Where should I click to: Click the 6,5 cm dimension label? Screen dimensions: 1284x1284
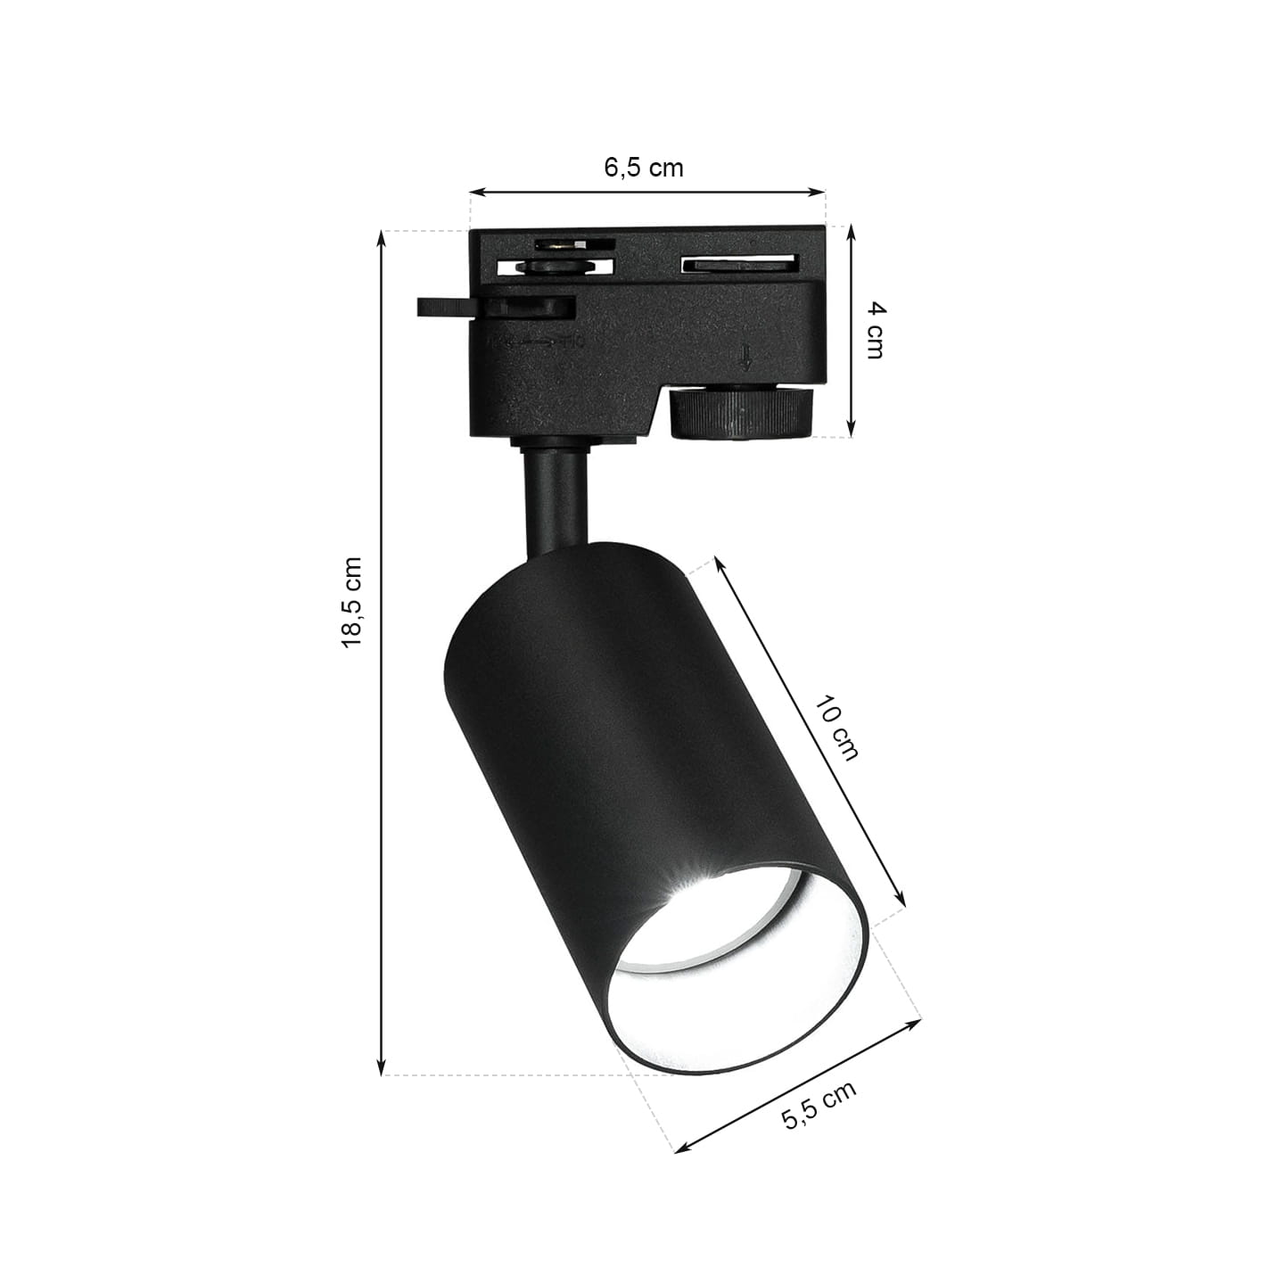point(643,168)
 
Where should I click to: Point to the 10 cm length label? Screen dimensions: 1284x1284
point(837,728)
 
